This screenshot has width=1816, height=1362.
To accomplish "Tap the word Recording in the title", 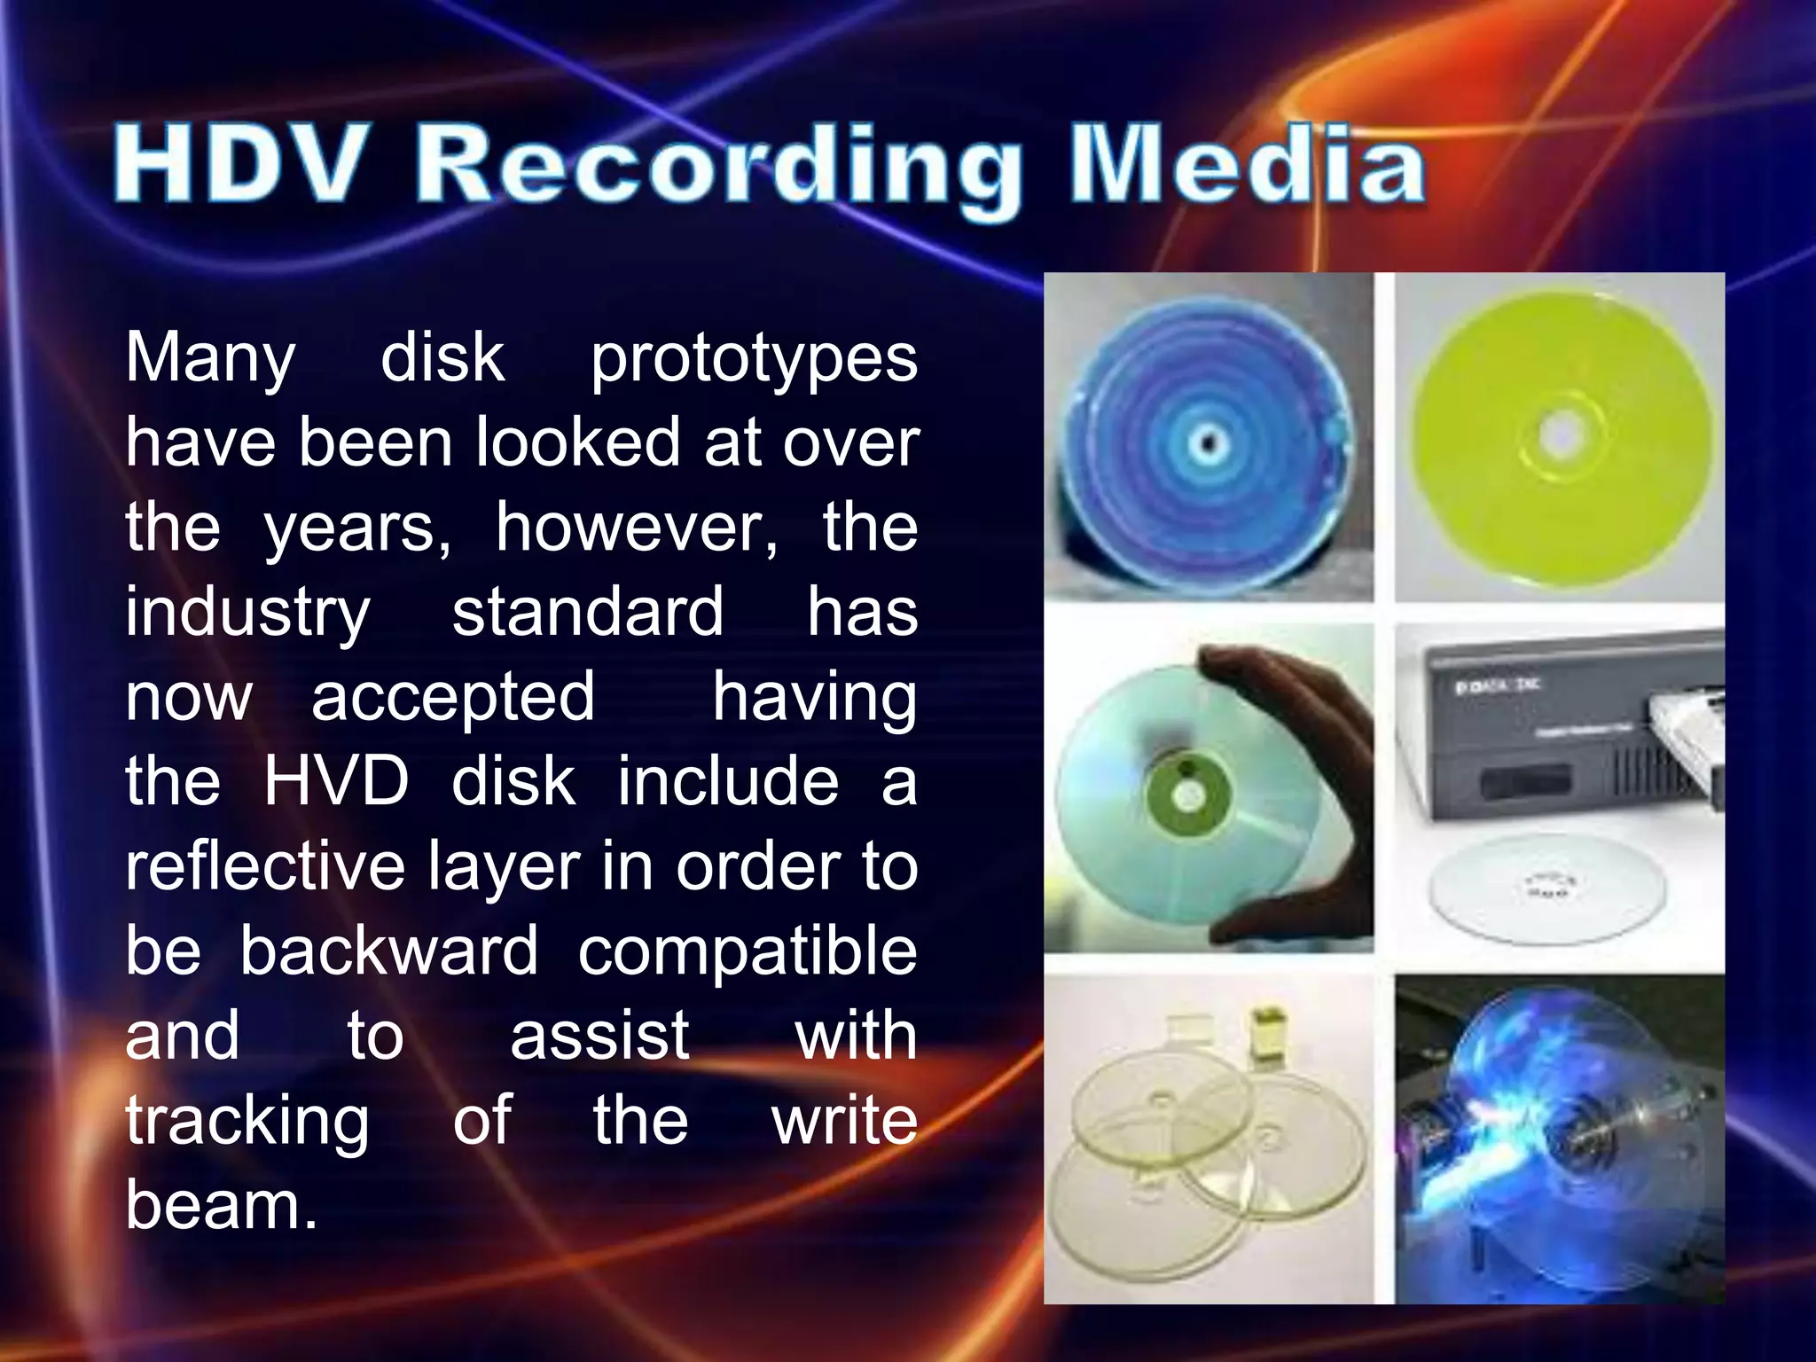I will [x=718, y=168].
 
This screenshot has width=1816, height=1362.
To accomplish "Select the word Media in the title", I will [x=1248, y=165].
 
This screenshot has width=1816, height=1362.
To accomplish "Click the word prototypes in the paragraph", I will [x=754, y=359].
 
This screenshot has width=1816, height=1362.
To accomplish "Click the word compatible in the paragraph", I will [x=748, y=951].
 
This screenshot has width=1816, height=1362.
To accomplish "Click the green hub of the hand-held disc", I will [x=1186, y=794].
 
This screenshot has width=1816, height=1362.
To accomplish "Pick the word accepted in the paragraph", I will [x=452, y=697].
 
